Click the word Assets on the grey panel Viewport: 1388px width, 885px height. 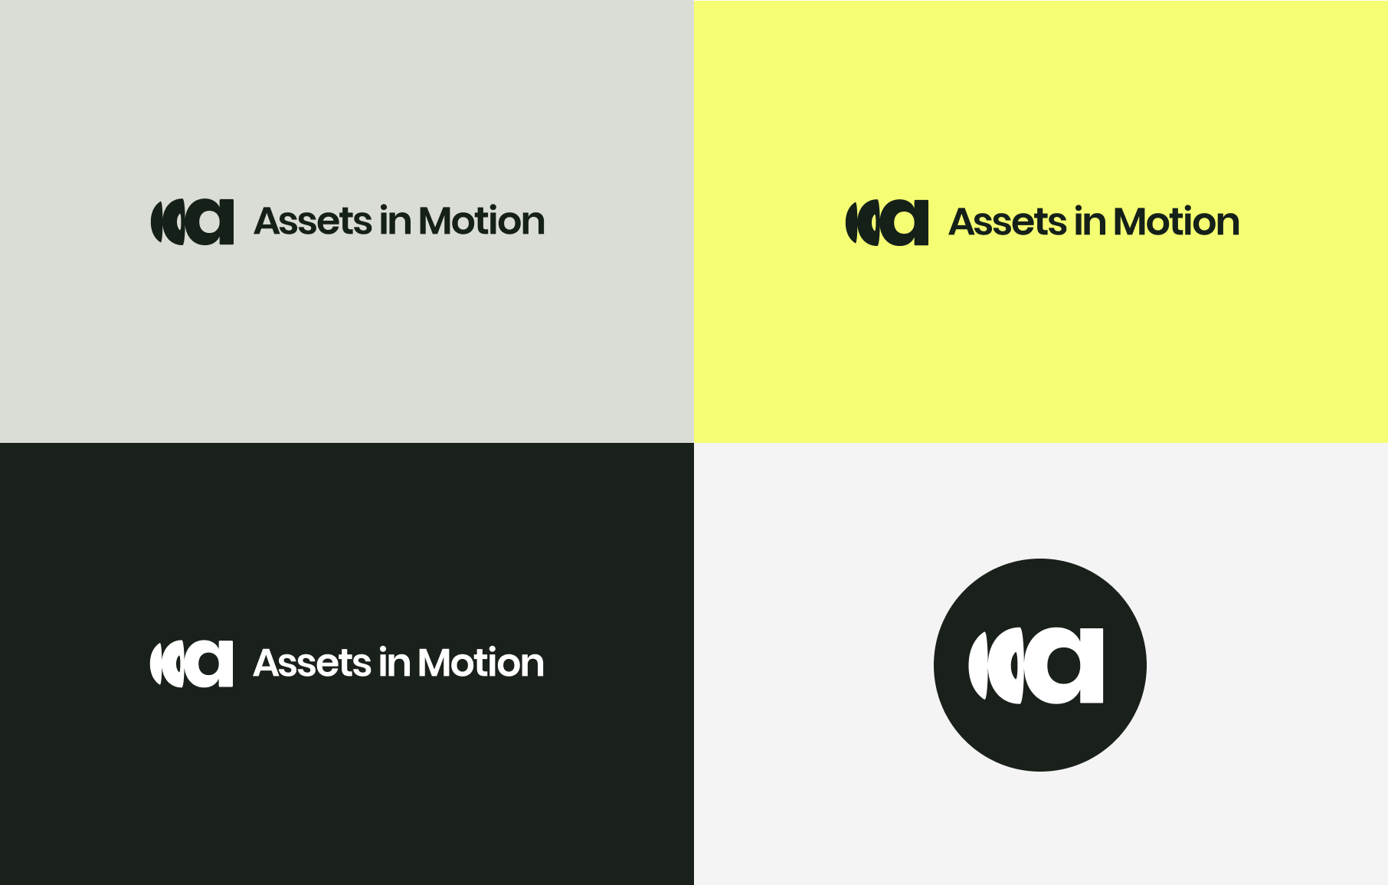pos(313,221)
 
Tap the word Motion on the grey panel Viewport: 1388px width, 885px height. pos(482,221)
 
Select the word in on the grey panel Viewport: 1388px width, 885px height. pos(395,221)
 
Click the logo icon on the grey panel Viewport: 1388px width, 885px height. pos(192,222)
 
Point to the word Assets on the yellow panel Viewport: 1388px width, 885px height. pos(1007,222)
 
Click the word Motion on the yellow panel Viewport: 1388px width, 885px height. pos(1177,222)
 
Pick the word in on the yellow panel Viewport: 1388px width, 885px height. pos(1090,221)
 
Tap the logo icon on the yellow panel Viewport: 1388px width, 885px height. pos(887,223)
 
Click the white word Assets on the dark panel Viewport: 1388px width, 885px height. pos(312,664)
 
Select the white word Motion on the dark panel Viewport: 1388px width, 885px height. pos(481,664)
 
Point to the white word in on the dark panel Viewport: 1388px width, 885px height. pos(394,663)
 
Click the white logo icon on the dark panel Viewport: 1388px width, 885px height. pos(192,664)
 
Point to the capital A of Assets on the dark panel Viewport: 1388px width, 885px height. pos(267,664)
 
